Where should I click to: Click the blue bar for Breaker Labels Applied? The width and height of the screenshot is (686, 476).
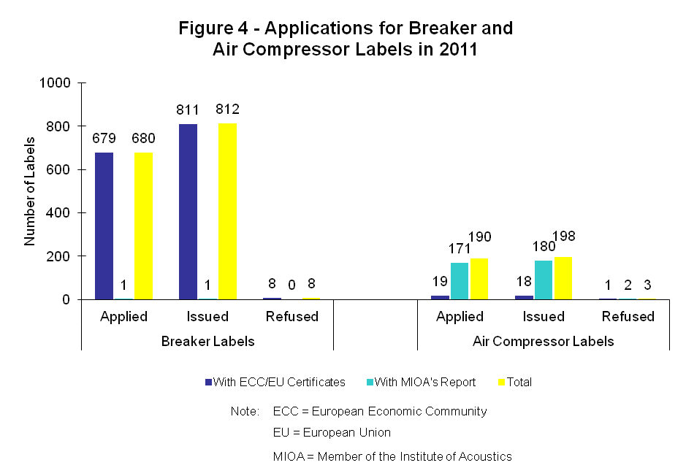(104, 226)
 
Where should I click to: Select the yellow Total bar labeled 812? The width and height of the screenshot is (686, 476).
(227, 212)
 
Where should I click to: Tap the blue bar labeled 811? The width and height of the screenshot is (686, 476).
(188, 212)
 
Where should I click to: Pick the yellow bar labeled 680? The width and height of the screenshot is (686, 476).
(143, 226)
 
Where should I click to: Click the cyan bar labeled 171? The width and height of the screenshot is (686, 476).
(459, 281)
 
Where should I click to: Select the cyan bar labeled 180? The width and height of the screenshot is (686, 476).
(543, 280)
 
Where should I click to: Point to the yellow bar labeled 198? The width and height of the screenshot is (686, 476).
(563, 278)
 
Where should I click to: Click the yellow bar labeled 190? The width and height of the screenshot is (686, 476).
(479, 279)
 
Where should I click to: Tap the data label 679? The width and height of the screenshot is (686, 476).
(104, 139)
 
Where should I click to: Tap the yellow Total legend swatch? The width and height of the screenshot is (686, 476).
(501, 382)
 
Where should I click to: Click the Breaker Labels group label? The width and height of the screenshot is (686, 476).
(207, 341)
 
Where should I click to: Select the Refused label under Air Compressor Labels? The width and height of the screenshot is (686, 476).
(628, 316)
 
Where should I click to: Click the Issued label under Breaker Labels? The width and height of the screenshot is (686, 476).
(207, 316)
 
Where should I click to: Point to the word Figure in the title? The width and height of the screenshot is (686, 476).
(205, 29)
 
